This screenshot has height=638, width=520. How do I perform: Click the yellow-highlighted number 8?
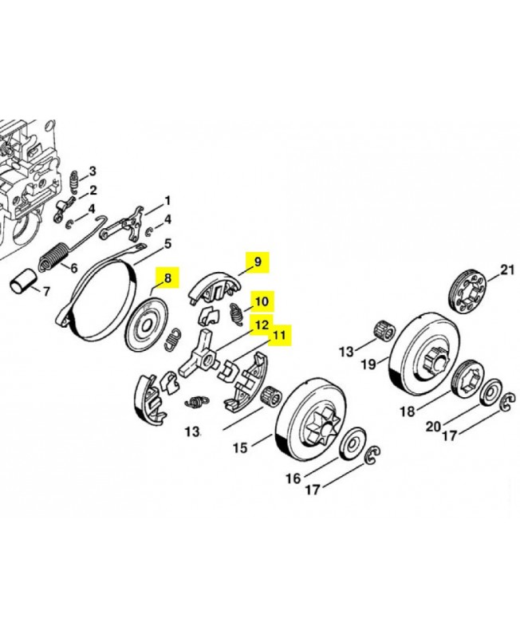(167, 280)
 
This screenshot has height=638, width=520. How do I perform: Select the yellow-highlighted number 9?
(257, 261)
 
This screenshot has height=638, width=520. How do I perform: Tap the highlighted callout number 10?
(262, 302)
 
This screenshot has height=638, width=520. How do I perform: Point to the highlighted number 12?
(261, 325)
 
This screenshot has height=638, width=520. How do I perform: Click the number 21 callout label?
(507, 269)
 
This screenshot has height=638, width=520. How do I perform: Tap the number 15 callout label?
(240, 447)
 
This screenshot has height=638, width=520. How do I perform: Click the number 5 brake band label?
(167, 243)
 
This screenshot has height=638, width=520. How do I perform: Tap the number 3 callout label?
(93, 171)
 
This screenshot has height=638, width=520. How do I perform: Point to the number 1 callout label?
(167, 199)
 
